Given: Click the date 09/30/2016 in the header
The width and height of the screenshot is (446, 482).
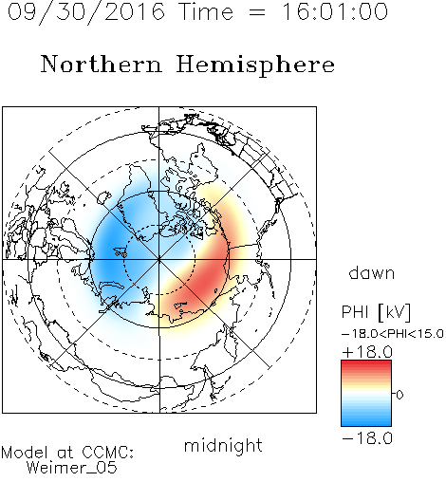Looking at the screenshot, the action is coord(86,12).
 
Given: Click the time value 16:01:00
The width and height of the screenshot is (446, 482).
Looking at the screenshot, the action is coord(335,11).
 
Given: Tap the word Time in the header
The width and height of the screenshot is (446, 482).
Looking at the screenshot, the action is coord(206,11).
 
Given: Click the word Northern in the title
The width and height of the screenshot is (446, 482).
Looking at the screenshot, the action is coord(102,64).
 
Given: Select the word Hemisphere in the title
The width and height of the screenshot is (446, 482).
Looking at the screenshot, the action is coord(255,65).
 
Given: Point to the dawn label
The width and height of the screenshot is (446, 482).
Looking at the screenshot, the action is coord(372,273).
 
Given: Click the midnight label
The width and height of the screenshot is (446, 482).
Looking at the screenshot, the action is coord(223,446).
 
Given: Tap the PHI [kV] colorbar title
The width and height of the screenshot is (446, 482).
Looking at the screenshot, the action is coord(376,312).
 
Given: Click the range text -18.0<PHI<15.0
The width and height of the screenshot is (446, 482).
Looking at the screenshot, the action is coord(393,334).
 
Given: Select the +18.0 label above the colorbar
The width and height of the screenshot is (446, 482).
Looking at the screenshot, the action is coord(367,352).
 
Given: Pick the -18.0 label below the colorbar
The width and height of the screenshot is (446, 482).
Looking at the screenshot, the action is coord(367,438).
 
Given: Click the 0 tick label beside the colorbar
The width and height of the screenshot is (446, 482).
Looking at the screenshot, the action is coord(400,395).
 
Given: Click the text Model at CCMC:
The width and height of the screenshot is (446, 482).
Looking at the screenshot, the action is coord(67,453).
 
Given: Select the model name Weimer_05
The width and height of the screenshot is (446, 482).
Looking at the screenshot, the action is coord(72,468).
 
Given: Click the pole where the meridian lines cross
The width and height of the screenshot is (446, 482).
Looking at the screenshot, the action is coord(159,259).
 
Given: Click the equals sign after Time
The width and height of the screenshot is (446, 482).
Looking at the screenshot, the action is coord(257,12).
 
